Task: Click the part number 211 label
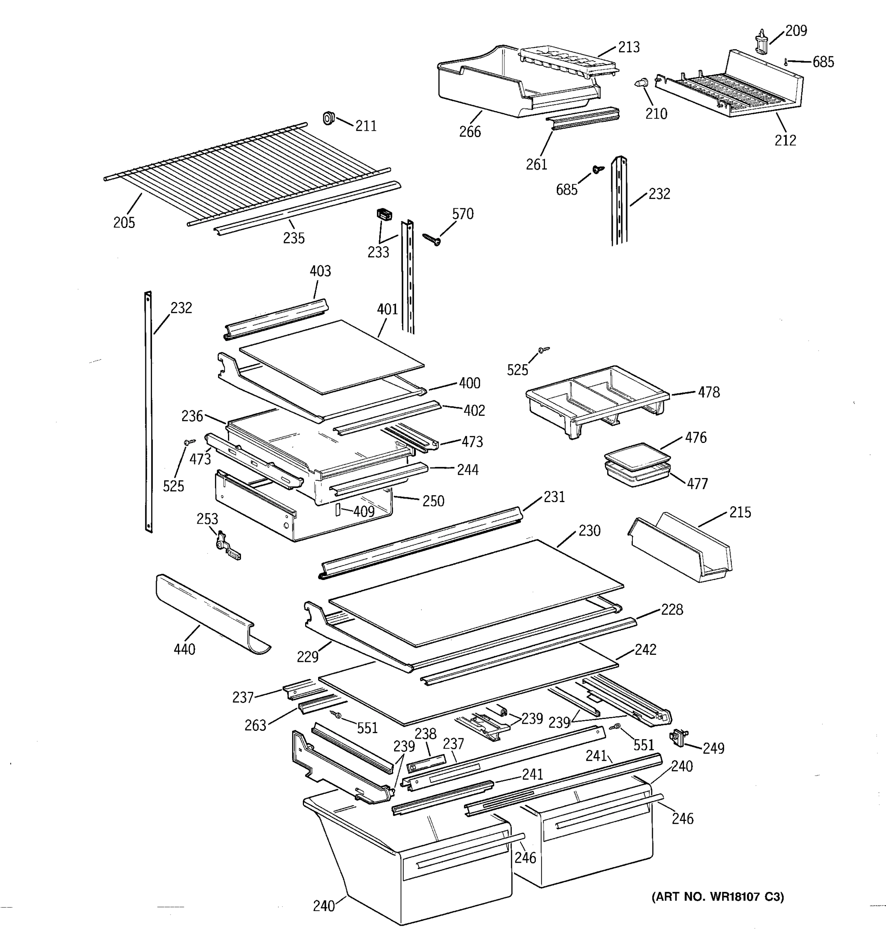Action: [x=366, y=126]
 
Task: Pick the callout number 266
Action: [x=470, y=132]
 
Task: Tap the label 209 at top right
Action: [x=796, y=31]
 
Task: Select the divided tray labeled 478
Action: [x=597, y=399]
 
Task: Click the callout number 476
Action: [x=695, y=437]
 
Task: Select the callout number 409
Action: [x=363, y=511]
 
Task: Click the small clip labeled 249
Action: [x=675, y=737]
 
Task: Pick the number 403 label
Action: [x=321, y=271]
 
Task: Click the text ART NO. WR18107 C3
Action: [x=718, y=897]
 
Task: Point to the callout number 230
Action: [x=589, y=530]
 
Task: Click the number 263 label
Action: [x=255, y=725]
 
